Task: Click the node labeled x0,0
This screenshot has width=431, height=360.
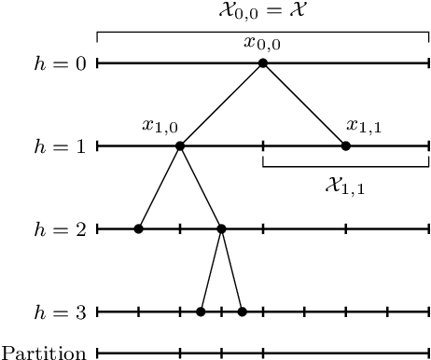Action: tap(263, 63)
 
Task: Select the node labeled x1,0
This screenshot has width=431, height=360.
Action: tap(180, 145)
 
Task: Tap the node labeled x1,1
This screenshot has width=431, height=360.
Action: tap(345, 145)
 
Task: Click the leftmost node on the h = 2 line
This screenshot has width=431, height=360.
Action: tap(138, 228)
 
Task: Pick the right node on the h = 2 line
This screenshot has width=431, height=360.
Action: tap(221, 228)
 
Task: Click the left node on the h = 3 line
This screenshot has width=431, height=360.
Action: tap(201, 312)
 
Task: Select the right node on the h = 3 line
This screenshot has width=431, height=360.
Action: tap(242, 312)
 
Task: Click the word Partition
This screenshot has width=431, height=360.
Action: tap(45, 353)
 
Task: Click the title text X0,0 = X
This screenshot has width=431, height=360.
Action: tap(262, 12)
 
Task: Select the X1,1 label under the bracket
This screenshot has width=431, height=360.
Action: tap(344, 187)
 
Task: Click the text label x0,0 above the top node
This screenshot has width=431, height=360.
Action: tap(262, 43)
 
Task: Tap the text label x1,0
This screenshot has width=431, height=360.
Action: tap(160, 126)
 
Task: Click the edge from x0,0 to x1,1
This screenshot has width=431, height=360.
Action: tap(304, 104)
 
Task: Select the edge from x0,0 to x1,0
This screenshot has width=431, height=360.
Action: tap(221, 104)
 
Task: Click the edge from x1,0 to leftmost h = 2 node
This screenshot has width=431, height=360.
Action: tap(159, 187)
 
